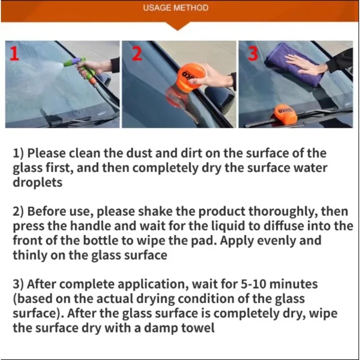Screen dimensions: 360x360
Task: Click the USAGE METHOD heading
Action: coord(176,8)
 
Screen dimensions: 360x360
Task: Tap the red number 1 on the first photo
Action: coord(14,54)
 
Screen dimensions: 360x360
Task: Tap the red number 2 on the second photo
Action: coord(137,53)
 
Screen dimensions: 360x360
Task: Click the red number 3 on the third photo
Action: coord(253,54)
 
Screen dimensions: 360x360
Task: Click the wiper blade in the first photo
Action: coord(67,119)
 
